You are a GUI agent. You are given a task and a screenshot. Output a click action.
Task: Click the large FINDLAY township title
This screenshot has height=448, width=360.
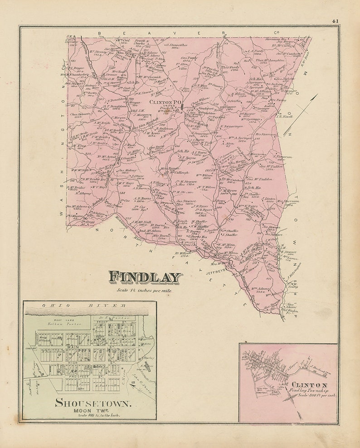(x=145, y=277)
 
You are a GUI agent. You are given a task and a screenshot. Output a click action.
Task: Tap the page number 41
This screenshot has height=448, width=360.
(x=335, y=20)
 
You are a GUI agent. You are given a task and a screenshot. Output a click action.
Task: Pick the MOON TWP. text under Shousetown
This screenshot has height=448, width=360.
(x=93, y=410)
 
